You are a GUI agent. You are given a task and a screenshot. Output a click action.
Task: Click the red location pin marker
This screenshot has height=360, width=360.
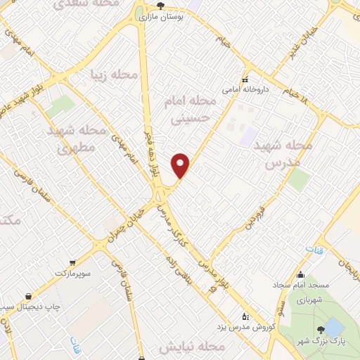click(181, 165)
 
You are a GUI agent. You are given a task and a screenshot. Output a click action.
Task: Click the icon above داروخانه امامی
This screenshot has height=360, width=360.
click(245, 79)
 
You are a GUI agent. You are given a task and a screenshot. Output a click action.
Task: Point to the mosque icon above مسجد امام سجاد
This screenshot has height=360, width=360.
click(301, 275)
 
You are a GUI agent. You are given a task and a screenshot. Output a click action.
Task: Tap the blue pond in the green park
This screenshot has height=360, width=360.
click(335, 327)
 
